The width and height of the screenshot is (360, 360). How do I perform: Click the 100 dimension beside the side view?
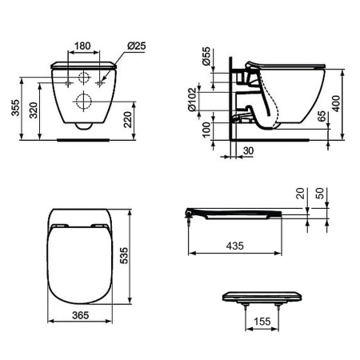[207, 130]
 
